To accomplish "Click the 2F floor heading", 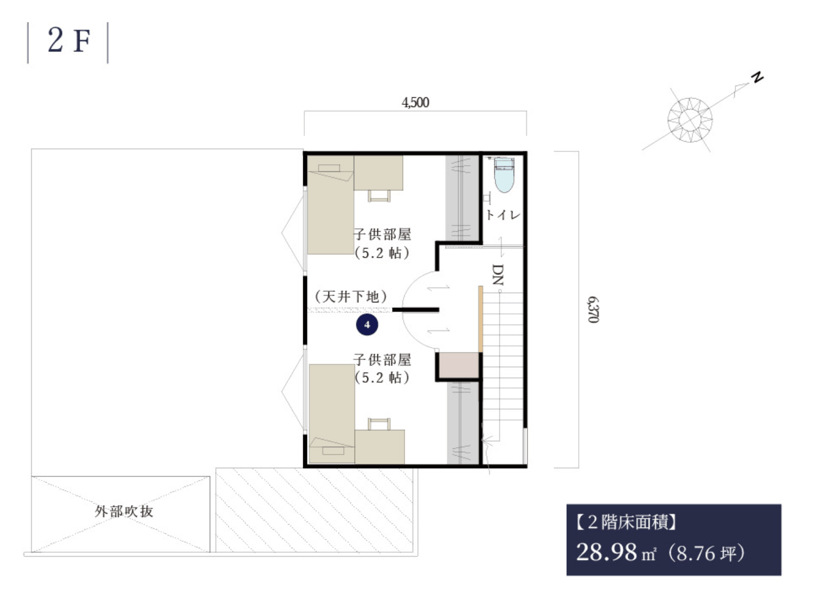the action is pos(69,41).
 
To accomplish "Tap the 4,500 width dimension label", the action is pos(415,103).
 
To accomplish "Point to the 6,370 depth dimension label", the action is pos(593,310).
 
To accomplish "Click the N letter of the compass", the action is pos(757,77).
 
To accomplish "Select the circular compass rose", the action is pos(690,120).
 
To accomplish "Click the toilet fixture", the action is pos(504,175).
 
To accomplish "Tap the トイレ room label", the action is pos(503,215).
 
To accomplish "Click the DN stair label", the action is pos(498,274).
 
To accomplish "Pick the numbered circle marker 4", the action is pos(367,324).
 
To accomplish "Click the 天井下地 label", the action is pos(351,297).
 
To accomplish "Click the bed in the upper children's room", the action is pos(331,205).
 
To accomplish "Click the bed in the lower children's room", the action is pos(332,414).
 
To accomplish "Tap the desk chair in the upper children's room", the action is pos(379,195).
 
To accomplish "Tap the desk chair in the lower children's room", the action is pos(379,424).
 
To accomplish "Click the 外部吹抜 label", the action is pos(124,512).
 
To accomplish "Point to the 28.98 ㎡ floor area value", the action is pos(616,552).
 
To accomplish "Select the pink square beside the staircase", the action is pos(459,365).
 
